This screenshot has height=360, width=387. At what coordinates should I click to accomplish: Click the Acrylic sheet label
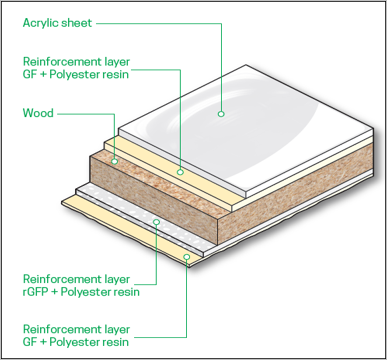tap(57, 23)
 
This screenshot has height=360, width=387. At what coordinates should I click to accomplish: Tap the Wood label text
tap(38, 113)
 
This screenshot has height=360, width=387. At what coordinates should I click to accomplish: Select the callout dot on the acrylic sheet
tap(221, 114)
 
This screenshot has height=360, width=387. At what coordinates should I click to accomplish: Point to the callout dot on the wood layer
tap(115, 161)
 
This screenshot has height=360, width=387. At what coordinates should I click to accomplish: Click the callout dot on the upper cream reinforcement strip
tap(180, 172)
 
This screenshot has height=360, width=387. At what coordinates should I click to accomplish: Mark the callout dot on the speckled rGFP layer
tap(156, 222)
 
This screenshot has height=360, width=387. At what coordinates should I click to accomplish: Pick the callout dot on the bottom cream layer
tap(187, 257)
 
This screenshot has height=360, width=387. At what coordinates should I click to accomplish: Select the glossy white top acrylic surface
tap(246, 128)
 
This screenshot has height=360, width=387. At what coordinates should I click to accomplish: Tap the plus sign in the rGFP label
tap(55, 292)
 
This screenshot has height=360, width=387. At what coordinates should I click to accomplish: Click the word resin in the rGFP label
tap(126, 292)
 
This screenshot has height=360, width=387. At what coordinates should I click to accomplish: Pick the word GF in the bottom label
tap(29, 342)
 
